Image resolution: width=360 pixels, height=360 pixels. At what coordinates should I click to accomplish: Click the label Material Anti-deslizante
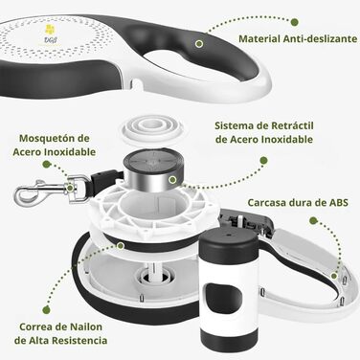pos(298,39)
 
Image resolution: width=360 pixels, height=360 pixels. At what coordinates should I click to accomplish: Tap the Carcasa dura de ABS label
pos(298,203)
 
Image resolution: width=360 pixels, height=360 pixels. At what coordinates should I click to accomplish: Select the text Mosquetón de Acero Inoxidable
pos(55,146)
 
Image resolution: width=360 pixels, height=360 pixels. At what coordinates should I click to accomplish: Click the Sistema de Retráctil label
pos(264,125)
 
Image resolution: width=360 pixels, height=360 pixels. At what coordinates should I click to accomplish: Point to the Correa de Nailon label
pos(60,326)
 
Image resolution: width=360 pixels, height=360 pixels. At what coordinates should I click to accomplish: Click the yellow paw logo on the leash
pos(50,30)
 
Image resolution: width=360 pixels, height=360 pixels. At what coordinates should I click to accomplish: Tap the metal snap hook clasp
pos(40,191)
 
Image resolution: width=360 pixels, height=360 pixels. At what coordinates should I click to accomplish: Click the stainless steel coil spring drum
pos(151,170)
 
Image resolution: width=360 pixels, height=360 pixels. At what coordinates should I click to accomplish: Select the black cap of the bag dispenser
pos(228,242)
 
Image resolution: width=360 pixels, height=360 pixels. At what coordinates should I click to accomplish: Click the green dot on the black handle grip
pos(199,44)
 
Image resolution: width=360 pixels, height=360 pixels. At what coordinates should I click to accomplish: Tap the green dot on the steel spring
pos(172,180)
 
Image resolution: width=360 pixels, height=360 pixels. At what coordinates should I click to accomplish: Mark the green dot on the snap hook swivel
pos(70,188)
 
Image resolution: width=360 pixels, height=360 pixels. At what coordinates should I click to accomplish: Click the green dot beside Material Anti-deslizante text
pos(295,22)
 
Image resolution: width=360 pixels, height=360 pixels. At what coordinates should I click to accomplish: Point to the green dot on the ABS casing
pos(334,276)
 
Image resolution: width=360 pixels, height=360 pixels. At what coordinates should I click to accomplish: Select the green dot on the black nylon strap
pos(121,245)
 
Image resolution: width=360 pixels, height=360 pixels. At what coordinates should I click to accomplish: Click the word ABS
pos(338,203)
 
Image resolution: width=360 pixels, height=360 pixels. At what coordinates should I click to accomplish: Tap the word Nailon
pos(86,326)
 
